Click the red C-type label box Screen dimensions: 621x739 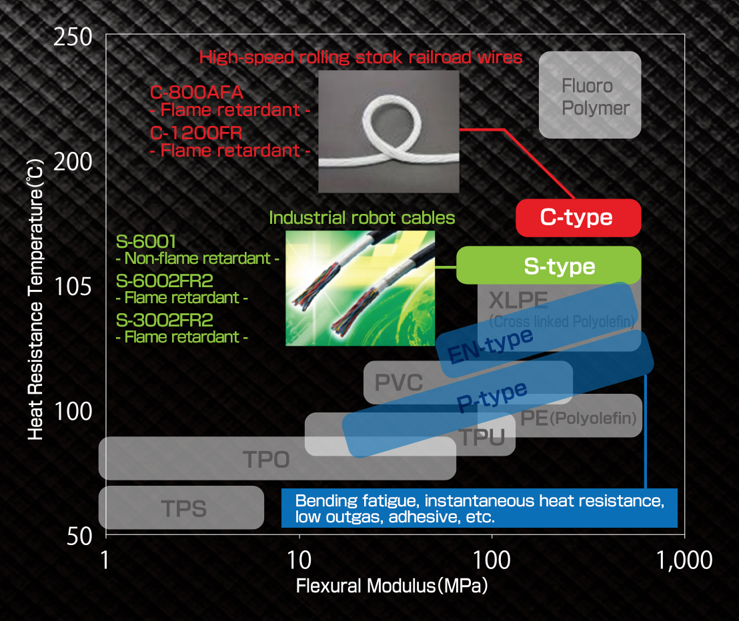click(578, 217)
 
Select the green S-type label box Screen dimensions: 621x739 click(548, 265)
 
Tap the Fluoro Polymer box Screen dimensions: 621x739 click(590, 95)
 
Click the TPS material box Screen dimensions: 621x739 click(181, 508)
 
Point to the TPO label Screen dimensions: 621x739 click(266, 459)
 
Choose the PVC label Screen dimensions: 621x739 click(399, 383)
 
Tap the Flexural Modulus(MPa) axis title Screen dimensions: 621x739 click(392, 587)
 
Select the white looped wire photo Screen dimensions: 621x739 click(389, 131)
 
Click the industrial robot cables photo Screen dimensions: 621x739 click(359, 288)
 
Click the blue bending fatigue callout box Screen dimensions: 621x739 click(479, 508)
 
